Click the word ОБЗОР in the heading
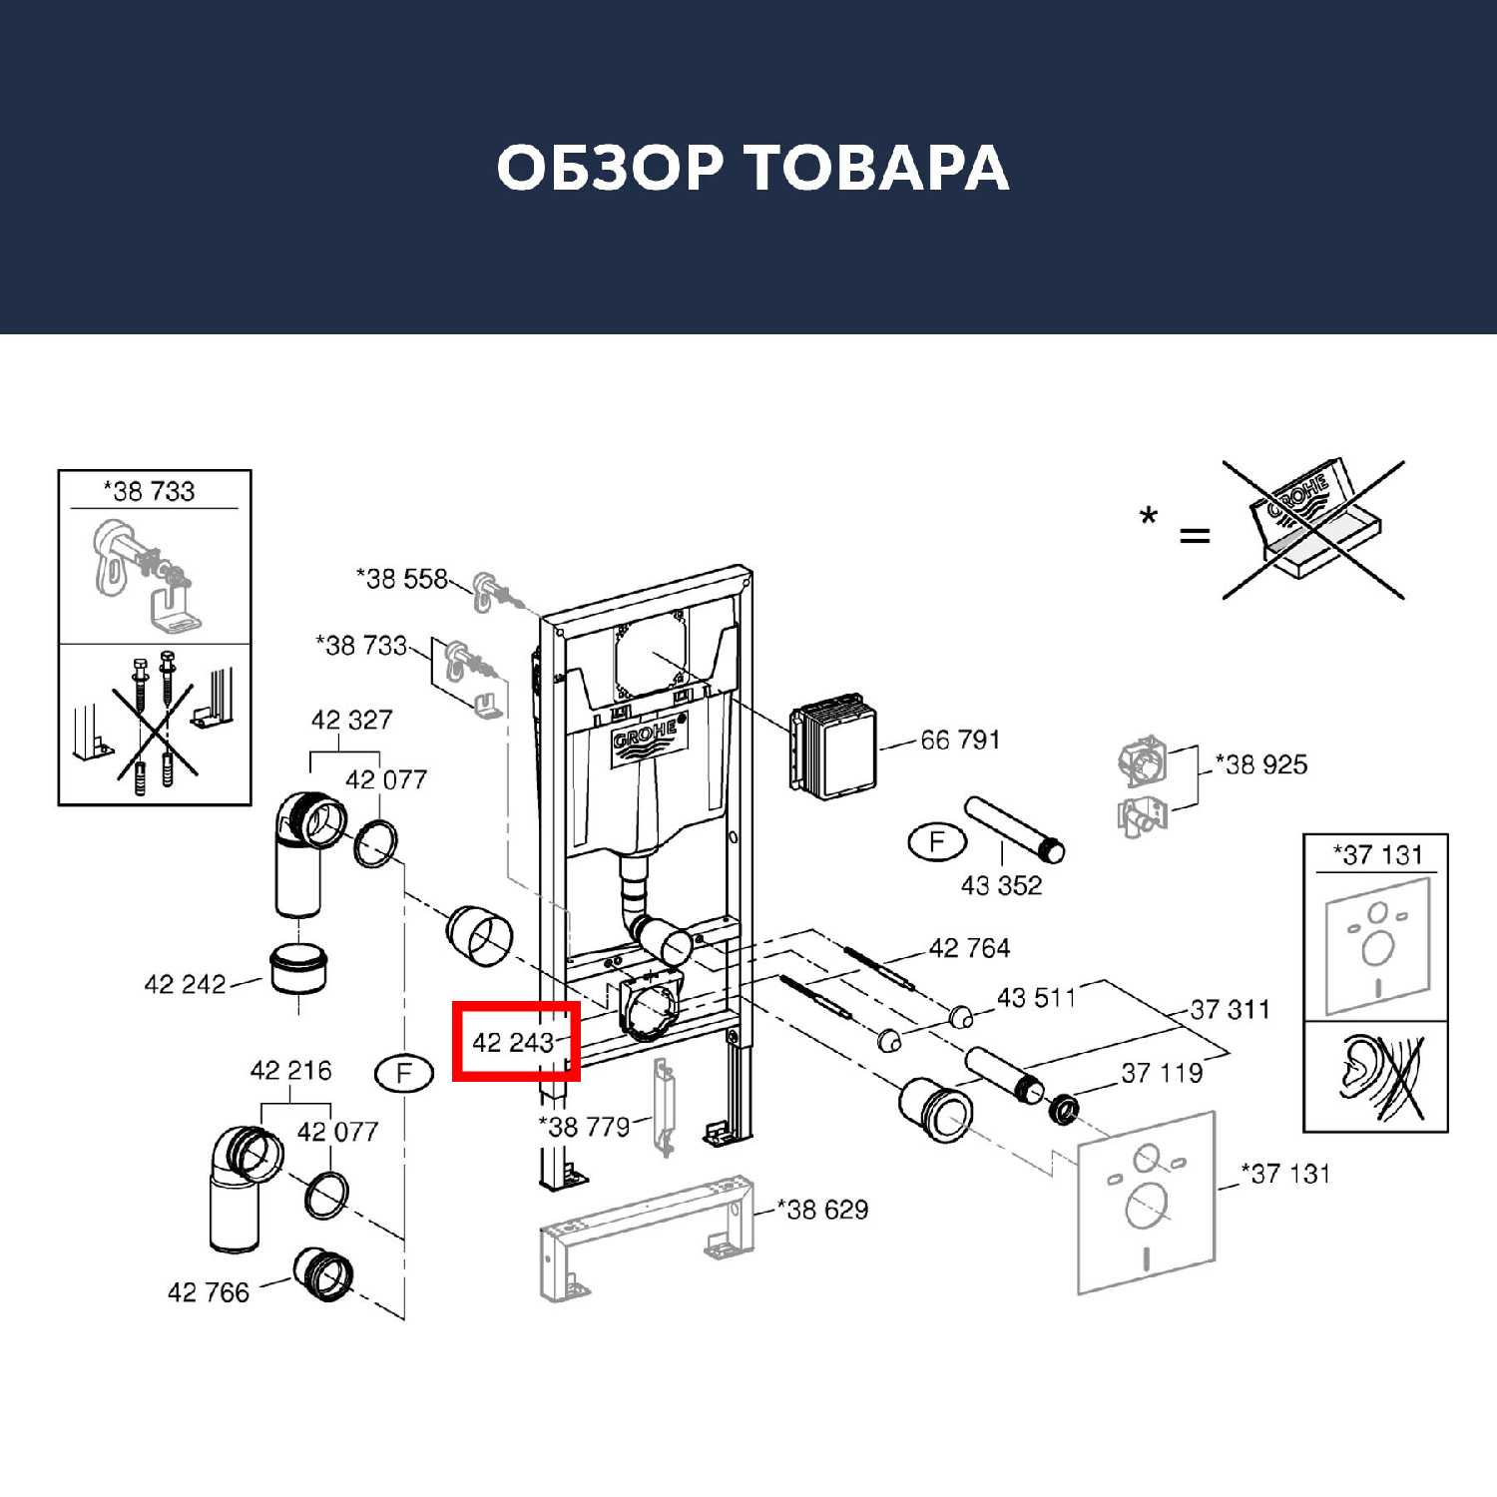tap(609, 168)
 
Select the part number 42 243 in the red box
tap(513, 1043)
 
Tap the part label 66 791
tap(959, 740)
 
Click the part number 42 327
tap(351, 720)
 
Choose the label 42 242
tap(185, 985)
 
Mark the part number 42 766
tap(208, 1293)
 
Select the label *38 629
tap(823, 1210)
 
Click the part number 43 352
tap(1001, 885)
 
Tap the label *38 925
tap(1261, 765)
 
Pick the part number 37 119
tap(1162, 1074)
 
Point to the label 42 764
tap(969, 948)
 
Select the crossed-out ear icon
tap(1377, 1078)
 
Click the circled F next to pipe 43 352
tap(936, 842)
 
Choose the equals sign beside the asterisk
tap(1195, 536)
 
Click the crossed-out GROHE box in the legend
tap(1311, 529)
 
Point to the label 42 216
tap(290, 1071)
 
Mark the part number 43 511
tap(1036, 998)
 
